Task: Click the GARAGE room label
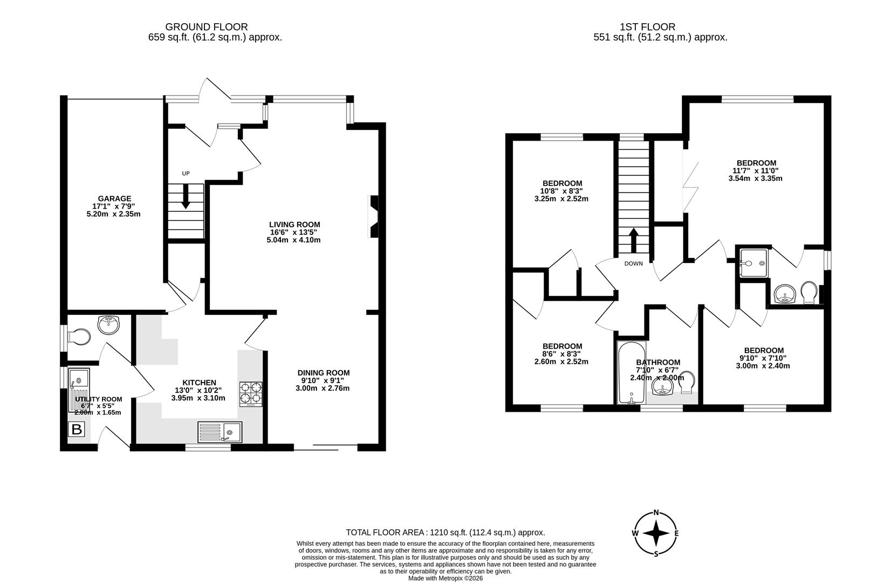click(114, 199)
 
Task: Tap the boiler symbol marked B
click(77, 429)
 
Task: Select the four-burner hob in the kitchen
click(251, 393)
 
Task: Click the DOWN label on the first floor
click(633, 264)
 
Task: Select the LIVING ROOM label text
click(294, 225)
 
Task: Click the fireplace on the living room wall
click(373, 217)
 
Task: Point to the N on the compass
click(656, 512)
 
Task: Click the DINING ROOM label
click(323, 373)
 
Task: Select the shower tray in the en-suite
click(753, 262)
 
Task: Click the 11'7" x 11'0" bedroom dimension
click(756, 171)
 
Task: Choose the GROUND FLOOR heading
click(206, 26)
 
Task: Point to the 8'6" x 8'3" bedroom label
click(562, 354)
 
